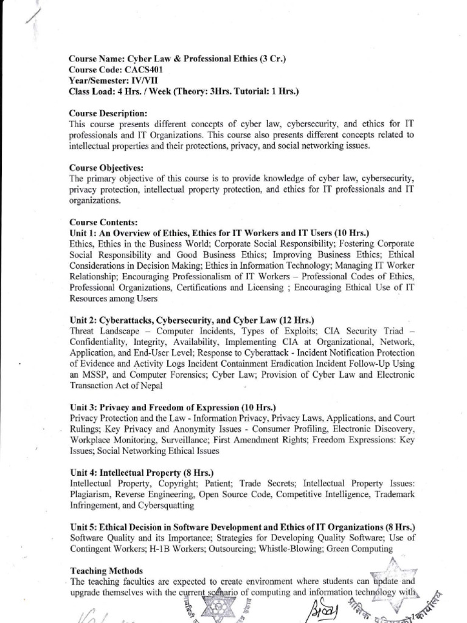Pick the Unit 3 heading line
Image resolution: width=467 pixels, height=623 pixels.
click(x=173, y=406)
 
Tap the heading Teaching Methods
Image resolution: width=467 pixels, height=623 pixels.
click(x=106, y=571)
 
